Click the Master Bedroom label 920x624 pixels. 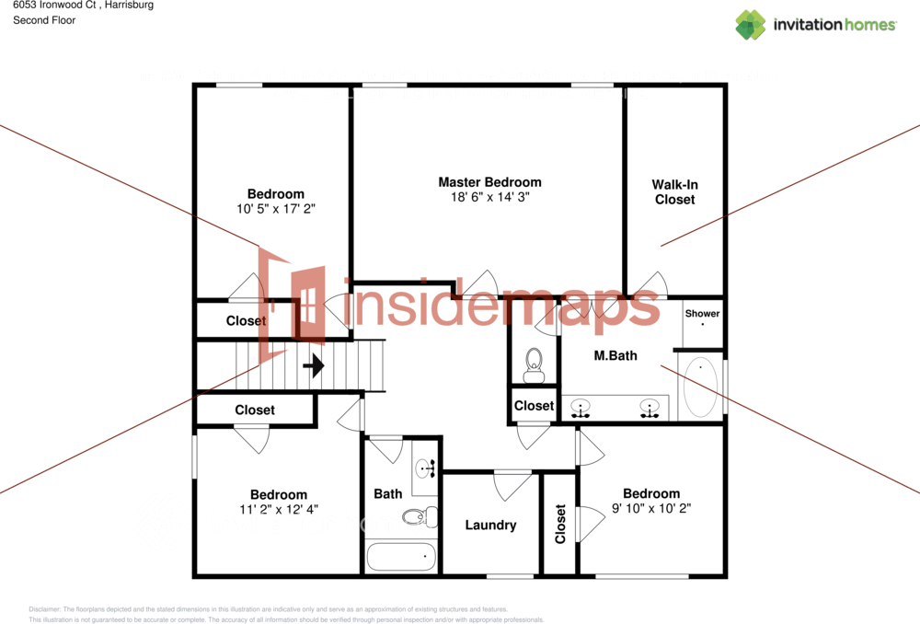click(x=489, y=182)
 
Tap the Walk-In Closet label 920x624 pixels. click(x=674, y=191)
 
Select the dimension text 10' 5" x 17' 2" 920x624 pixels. click(x=275, y=209)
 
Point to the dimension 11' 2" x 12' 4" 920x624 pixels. click(x=278, y=509)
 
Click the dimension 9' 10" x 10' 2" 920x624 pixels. click(x=650, y=507)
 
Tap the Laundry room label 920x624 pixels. click(x=490, y=526)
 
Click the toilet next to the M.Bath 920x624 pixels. click(x=533, y=365)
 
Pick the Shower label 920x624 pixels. click(x=702, y=314)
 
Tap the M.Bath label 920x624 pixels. click(x=615, y=355)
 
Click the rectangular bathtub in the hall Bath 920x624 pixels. click(x=401, y=557)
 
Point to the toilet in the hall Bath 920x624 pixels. click(x=420, y=516)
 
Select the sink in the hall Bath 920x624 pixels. click(x=425, y=469)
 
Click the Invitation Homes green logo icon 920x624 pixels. click(x=750, y=25)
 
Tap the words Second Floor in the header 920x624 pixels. click(x=44, y=20)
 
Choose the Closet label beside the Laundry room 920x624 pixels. click(x=561, y=523)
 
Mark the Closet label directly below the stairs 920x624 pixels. click(x=255, y=410)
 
